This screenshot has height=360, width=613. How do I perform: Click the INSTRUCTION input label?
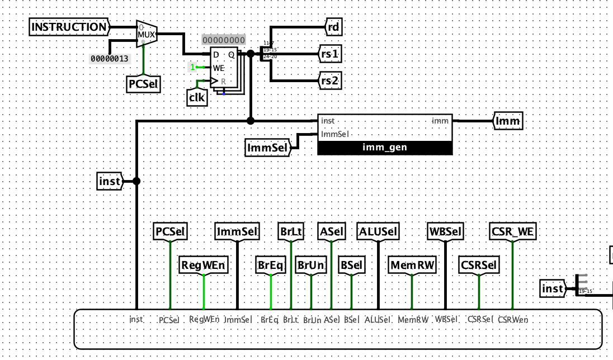coord(68,27)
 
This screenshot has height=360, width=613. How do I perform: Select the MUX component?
coord(147,35)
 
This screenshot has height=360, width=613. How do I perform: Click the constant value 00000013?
coord(110,58)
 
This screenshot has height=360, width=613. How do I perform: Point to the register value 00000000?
coord(223,40)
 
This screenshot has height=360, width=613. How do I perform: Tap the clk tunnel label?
coord(196,98)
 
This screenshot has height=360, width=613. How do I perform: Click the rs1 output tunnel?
coord(330,55)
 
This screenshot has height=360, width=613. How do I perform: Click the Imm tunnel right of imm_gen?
coord(508,121)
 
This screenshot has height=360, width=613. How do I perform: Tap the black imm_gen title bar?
coord(384,148)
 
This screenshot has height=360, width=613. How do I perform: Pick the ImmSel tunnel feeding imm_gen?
coord(267,148)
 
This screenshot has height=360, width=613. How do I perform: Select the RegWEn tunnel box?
coord(204,266)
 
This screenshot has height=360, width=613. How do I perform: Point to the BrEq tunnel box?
coord(271,266)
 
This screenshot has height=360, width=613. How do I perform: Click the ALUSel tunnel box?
coord(378,231)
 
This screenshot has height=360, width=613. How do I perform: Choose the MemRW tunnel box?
coord(412,266)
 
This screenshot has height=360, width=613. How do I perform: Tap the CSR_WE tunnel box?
coord(512,231)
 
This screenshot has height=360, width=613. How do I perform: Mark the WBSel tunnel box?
coord(445,231)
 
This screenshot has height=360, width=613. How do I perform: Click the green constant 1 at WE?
coord(193,68)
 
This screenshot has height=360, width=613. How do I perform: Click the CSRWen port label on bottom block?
coord(512,320)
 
